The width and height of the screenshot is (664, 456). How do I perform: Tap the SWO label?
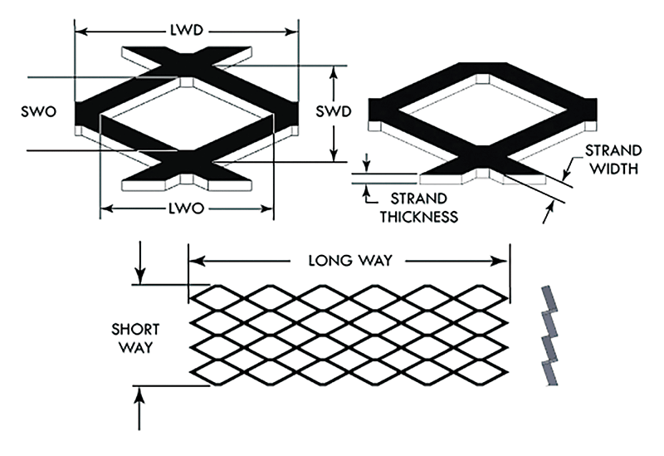click(x=41, y=111)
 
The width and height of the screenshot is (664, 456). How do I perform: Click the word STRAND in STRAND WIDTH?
click(x=613, y=151)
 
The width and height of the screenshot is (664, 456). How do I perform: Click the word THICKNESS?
click(x=419, y=218)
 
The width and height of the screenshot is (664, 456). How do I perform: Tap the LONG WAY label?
click(x=349, y=260)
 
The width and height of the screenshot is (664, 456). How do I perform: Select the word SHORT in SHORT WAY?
click(x=134, y=328)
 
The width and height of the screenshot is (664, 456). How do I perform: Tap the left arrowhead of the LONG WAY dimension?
click(x=196, y=260)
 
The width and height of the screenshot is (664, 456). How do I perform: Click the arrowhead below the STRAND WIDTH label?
click(x=546, y=216)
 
